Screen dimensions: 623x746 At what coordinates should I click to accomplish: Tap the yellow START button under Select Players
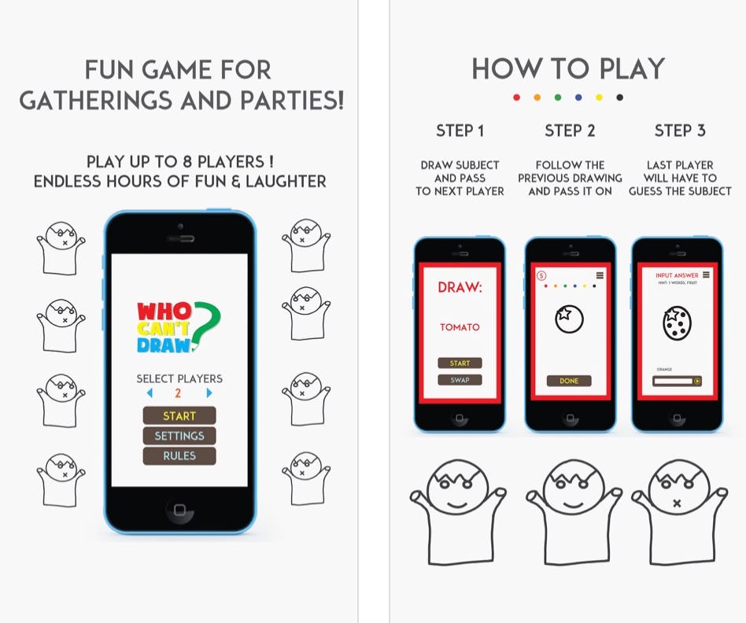click(x=179, y=415)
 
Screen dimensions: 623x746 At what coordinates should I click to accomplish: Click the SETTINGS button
click(x=179, y=436)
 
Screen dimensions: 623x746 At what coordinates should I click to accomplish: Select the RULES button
click(x=179, y=455)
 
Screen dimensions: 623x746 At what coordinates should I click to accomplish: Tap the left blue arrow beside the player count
click(x=150, y=393)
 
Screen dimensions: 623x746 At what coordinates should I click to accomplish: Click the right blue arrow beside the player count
click(x=209, y=393)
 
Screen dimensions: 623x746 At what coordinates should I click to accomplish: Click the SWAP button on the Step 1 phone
click(x=460, y=380)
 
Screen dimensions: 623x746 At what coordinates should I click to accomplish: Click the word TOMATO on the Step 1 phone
click(x=460, y=327)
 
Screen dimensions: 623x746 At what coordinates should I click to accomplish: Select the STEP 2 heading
click(x=570, y=131)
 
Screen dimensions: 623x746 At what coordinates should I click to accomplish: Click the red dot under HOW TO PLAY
click(x=516, y=98)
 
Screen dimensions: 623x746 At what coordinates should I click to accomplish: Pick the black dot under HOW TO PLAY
click(x=620, y=98)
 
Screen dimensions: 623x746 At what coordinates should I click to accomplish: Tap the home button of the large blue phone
click(x=179, y=511)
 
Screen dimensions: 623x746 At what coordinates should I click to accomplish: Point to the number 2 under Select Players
click(x=179, y=393)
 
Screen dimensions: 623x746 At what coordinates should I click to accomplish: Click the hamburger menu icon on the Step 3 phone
click(x=706, y=275)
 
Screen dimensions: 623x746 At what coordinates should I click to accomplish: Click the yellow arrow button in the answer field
click(x=696, y=382)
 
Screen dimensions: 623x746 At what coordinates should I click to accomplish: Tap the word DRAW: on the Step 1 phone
click(x=460, y=288)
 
